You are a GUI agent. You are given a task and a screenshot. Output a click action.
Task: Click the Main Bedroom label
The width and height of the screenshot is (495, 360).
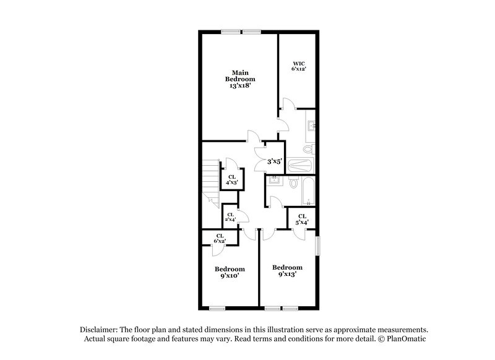pyautogui.click(x=240, y=79)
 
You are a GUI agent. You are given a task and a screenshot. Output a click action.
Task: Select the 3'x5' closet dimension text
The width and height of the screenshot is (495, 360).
pyautogui.click(x=274, y=162)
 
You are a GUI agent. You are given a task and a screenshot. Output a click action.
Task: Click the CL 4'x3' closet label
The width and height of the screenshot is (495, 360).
pyautogui.click(x=232, y=179)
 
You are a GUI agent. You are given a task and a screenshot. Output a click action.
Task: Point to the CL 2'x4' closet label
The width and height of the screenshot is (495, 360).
pyautogui.click(x=230, y=217)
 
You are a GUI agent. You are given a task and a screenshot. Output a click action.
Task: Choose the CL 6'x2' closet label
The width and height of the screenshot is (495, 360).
pyautogui.click(x=220, y=238)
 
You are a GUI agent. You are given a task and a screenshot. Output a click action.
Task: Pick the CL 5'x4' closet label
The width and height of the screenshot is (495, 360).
pyautogui.click(x=302, y=219)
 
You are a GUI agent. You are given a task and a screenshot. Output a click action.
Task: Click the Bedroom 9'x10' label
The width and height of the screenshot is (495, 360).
pyautogui.click(x=230, y=272)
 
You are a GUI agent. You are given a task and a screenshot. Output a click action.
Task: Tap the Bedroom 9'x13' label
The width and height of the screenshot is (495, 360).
pyautogui.click(x=288, y=270)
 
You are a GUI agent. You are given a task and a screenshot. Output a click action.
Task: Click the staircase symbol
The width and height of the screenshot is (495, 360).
pyautogui.click(x=211, y=179)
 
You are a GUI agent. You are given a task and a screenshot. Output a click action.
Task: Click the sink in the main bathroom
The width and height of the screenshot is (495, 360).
pyautogui.click(x=311, y=126)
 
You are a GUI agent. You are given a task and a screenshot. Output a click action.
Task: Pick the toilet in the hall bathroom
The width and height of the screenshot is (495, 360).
pyautogui.click(x=293, y=183)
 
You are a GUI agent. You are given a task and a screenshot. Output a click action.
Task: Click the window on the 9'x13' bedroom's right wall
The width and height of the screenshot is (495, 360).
pyautogui.click(x=318, y=246)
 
